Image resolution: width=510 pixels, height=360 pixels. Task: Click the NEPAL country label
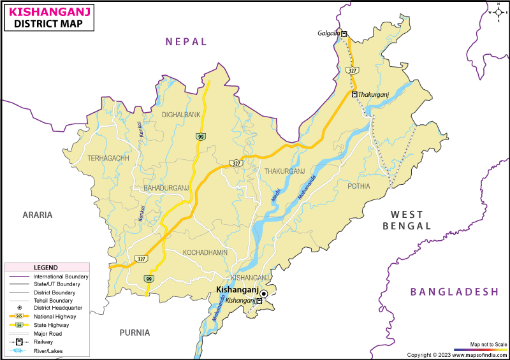coord(186,41)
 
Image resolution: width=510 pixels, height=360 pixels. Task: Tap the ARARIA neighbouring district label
coord(37,215)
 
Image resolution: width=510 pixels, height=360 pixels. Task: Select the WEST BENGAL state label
coord(407,220)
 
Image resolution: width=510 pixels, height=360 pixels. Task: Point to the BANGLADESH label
coord(454,291)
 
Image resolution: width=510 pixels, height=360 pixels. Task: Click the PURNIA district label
coord(135,332)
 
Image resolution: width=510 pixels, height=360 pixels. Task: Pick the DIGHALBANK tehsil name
coord(181,115)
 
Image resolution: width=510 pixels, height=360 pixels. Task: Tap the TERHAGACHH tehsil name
coord(108,158)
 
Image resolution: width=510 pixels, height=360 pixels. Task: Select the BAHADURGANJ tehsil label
coord(166,187)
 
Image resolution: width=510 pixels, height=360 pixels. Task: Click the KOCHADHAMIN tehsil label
coord(205,252)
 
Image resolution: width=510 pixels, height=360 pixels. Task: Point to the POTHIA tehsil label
coord(358,186)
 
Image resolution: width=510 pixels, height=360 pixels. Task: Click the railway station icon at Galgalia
coord(344,34)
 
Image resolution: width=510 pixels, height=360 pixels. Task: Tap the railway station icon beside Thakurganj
coord(354,94)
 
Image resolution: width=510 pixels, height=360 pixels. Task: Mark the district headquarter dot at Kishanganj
coord(263,293)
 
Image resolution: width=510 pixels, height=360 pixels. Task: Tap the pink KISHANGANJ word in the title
coord(50,11)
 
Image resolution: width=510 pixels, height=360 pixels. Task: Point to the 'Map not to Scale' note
coord(489,344)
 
